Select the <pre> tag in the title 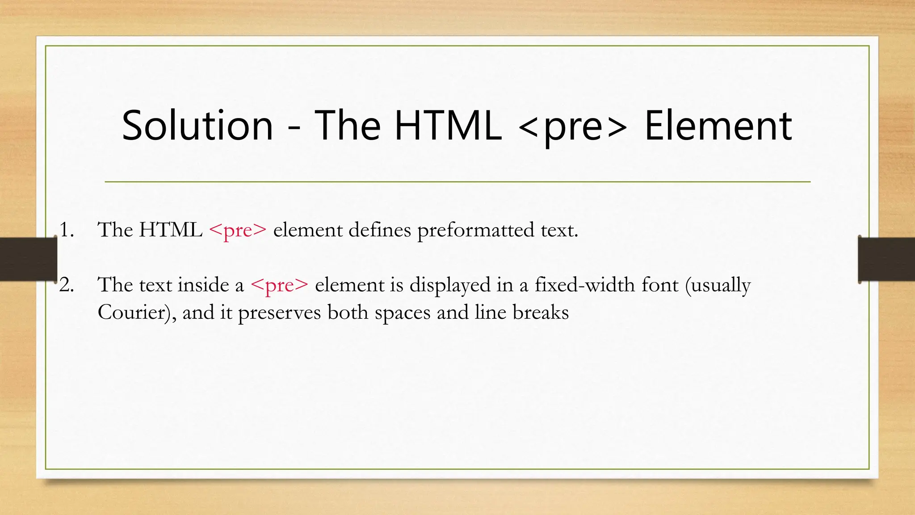point(573,127)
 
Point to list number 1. point(66,230)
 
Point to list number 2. point(66,285)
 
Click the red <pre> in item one point(237,231)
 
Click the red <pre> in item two point(279,285)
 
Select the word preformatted point(475,231)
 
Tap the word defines point(379,230)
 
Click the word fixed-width point(584,285)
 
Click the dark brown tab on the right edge point(886,259)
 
